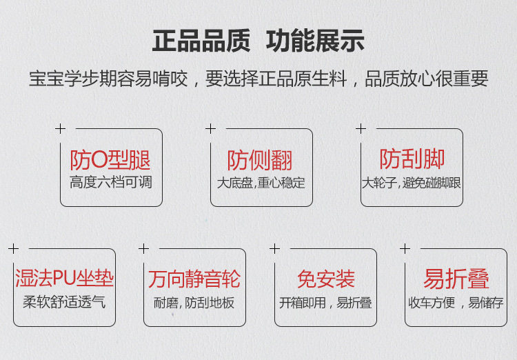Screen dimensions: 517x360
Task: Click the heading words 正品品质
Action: (x=201, y=41)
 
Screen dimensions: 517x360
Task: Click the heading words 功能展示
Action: (x=315, y=41)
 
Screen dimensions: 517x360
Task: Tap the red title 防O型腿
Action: (x=110, y=161)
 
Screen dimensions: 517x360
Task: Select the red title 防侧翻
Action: (x=260, y=161)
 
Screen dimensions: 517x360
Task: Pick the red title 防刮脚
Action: (x=412, y=159)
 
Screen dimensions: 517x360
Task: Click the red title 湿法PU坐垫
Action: (x=64, y=279)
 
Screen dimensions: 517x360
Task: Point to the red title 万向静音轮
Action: (x=194, y=279)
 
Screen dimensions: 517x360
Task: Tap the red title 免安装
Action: (x=325, y=279)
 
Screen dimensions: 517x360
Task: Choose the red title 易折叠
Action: (x=456, y=279)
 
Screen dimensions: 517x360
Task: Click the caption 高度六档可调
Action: (x=110, y=183)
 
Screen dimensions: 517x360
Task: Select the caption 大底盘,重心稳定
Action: (x=261, y=183)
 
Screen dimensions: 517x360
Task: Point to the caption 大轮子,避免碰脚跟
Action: (x=412, y=183)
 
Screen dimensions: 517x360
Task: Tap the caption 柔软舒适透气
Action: (x=64, y=302)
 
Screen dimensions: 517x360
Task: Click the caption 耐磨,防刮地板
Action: (x=194, y=303)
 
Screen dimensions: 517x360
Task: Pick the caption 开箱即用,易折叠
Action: (x=325, y=303)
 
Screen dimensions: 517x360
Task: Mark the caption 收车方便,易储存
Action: (x=456, y=303)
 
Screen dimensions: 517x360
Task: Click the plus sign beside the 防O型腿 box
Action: (x=60, y=128)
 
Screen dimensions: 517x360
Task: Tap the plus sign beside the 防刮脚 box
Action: (x=361, y=128)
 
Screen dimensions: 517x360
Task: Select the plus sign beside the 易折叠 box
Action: (x=405, y=248)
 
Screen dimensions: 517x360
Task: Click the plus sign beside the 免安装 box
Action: (x=274, y=248)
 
